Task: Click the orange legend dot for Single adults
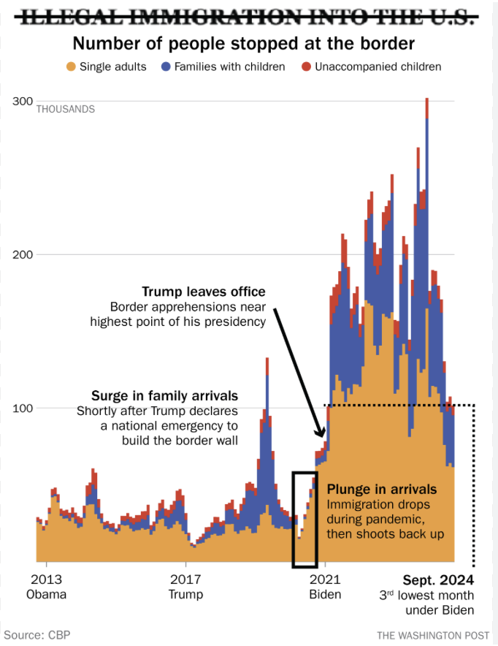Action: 71,67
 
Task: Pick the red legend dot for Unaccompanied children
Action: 307,67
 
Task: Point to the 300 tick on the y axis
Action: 23,101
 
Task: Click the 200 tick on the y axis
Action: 23,254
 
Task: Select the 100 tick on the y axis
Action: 23,408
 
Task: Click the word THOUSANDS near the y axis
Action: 66,110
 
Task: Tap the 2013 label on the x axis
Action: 47,579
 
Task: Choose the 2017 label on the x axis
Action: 185,579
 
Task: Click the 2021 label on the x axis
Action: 325,579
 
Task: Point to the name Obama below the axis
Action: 47,594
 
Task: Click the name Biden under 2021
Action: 325,594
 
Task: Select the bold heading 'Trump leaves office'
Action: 204,292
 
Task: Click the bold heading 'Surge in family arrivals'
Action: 164,396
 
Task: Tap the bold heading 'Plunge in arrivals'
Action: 382,490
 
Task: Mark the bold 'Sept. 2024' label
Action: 438,580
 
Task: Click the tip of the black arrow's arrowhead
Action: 323,438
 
